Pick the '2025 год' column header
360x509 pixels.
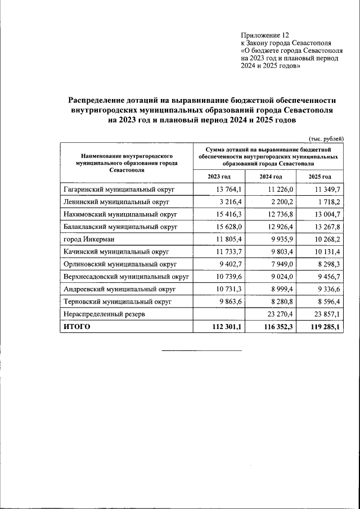coord(319,177)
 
